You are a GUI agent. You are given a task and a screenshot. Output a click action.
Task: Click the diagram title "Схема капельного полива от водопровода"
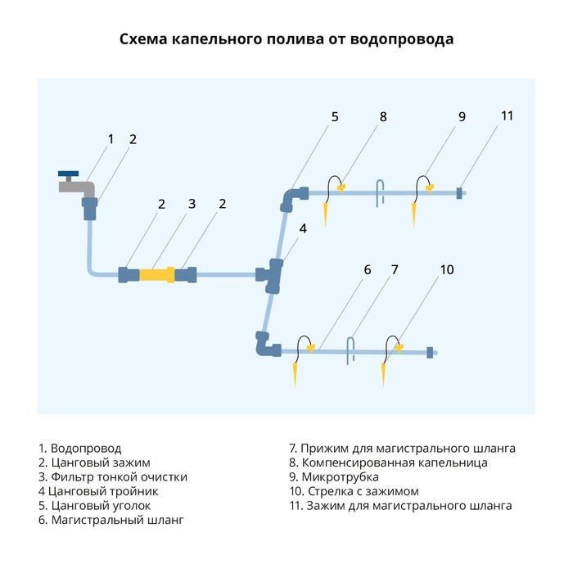pyautogui.click(x=286, y=39)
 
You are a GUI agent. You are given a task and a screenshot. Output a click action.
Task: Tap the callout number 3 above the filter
pyautogui.click(x=192, y=204)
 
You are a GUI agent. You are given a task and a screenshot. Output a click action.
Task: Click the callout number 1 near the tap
pyautogui.click(x=111, y=138)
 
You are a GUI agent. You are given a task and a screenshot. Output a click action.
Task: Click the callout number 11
pyautogui.click(x=507, y=115)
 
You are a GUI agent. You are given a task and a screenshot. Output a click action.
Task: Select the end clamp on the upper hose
pyautogui.click(x=460, y=193)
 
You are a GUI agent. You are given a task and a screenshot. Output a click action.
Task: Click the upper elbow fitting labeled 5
pyautogui.click(x=294, y=196)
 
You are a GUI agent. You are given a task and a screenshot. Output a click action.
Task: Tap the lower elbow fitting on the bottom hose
pyautogui.click(x=265, y=345)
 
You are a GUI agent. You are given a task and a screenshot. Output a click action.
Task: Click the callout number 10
pyautogui.click(x=446, y=269)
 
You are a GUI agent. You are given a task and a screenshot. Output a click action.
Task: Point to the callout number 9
pyautogui.click(x=462, y=117)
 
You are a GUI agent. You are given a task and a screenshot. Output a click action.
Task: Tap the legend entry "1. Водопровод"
pyautogui.click(x=79, y=449)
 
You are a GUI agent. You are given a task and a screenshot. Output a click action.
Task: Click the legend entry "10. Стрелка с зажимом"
pyautogui.click(x=354, y=491)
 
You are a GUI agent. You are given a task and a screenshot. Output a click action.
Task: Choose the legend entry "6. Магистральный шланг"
pyautogui.click(x=111, y=519)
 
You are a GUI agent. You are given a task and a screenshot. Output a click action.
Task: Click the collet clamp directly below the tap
pyautogui.click(x=89, y=208)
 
